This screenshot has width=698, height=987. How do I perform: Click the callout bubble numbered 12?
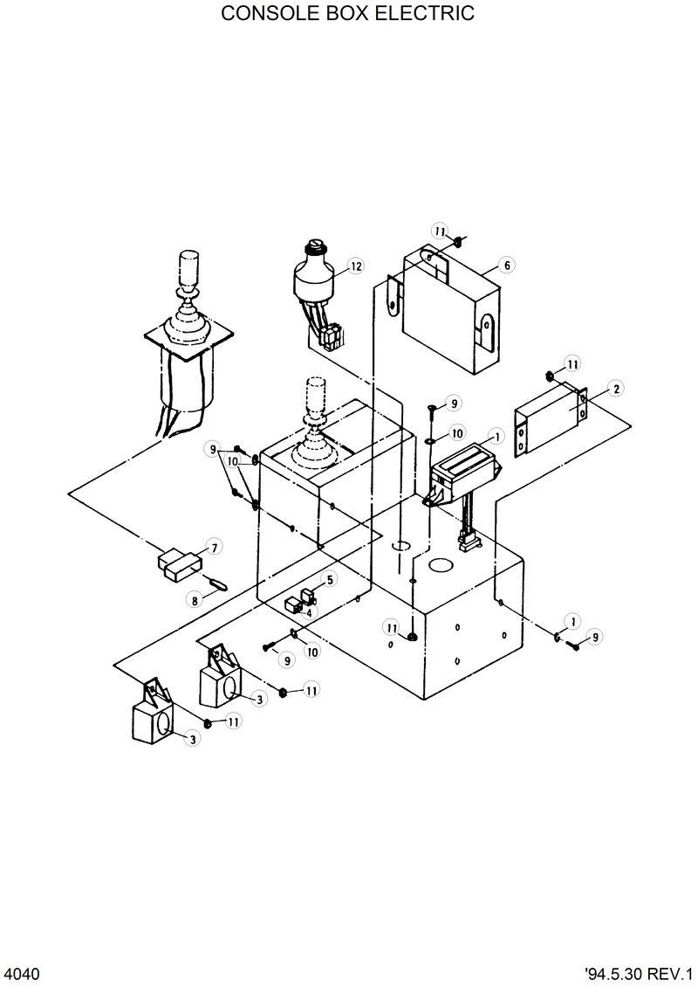pos(354,266)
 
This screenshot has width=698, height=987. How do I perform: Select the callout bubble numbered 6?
pos(506,265)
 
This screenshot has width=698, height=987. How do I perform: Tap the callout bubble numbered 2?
pos(616,389)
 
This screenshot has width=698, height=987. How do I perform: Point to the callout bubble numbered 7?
pos(213,548)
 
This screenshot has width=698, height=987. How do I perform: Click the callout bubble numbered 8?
pos(194,600)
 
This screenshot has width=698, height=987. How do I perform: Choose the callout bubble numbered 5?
pos(330,579)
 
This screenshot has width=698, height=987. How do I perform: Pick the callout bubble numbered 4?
pos(308,612)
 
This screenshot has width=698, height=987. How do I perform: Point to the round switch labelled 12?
pos(312,280)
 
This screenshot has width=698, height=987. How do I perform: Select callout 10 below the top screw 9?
pos(457,433)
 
